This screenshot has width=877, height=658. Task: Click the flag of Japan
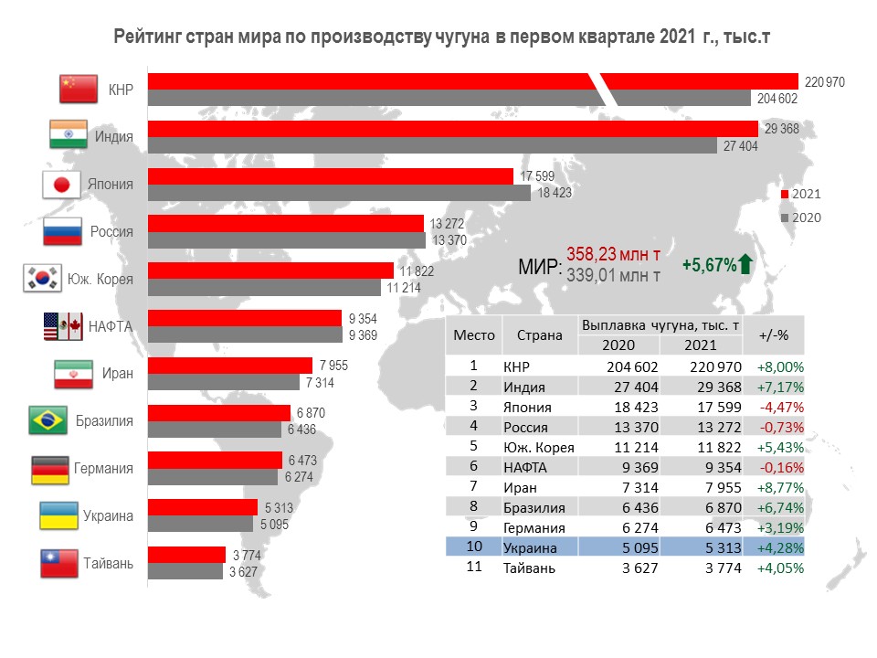click(62, 185)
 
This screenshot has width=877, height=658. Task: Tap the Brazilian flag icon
click(49, 421)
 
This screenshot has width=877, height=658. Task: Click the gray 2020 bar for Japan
click(339, 194)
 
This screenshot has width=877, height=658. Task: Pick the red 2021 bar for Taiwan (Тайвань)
click(186, 555)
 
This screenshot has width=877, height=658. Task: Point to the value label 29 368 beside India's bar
click(781, 129)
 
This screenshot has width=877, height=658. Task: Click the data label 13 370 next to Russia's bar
click(449, 240)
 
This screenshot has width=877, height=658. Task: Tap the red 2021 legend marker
click(785, 195)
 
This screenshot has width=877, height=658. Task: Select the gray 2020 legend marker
click(785, 218)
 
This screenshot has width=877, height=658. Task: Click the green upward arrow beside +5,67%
click(745, 264)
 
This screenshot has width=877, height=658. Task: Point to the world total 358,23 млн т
click(613, 253)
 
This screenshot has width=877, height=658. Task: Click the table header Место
click(474, 335)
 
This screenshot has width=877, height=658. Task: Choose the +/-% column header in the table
click(773, 335)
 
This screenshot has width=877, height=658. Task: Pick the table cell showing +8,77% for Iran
click(780, 487)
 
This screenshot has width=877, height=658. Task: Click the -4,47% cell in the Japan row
click(782, 406)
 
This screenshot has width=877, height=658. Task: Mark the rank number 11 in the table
click(473, 568)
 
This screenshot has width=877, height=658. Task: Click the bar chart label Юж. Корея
click(100, 280)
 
